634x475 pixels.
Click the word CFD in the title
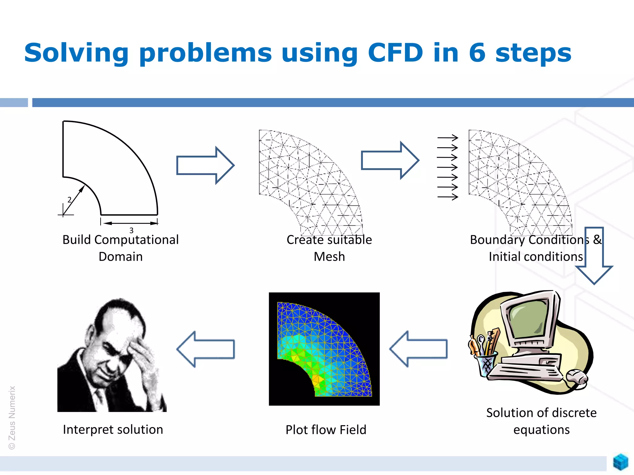[395, 53]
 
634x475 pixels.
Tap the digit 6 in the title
[477, 53]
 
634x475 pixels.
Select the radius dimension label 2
[69, 200]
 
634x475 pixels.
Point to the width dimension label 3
[131, 230]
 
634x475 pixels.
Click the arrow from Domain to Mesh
[205, 165]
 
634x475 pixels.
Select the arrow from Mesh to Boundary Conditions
[390, 160]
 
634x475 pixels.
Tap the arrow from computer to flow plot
[418, 349]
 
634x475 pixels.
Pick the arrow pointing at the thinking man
[206, 349]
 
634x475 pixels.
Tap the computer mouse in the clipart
[577, 378]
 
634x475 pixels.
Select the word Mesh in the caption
[329, 257]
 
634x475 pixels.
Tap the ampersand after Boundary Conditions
[597, 240]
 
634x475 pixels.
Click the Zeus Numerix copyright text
[12, 417]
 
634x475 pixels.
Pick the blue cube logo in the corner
[621, 462]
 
